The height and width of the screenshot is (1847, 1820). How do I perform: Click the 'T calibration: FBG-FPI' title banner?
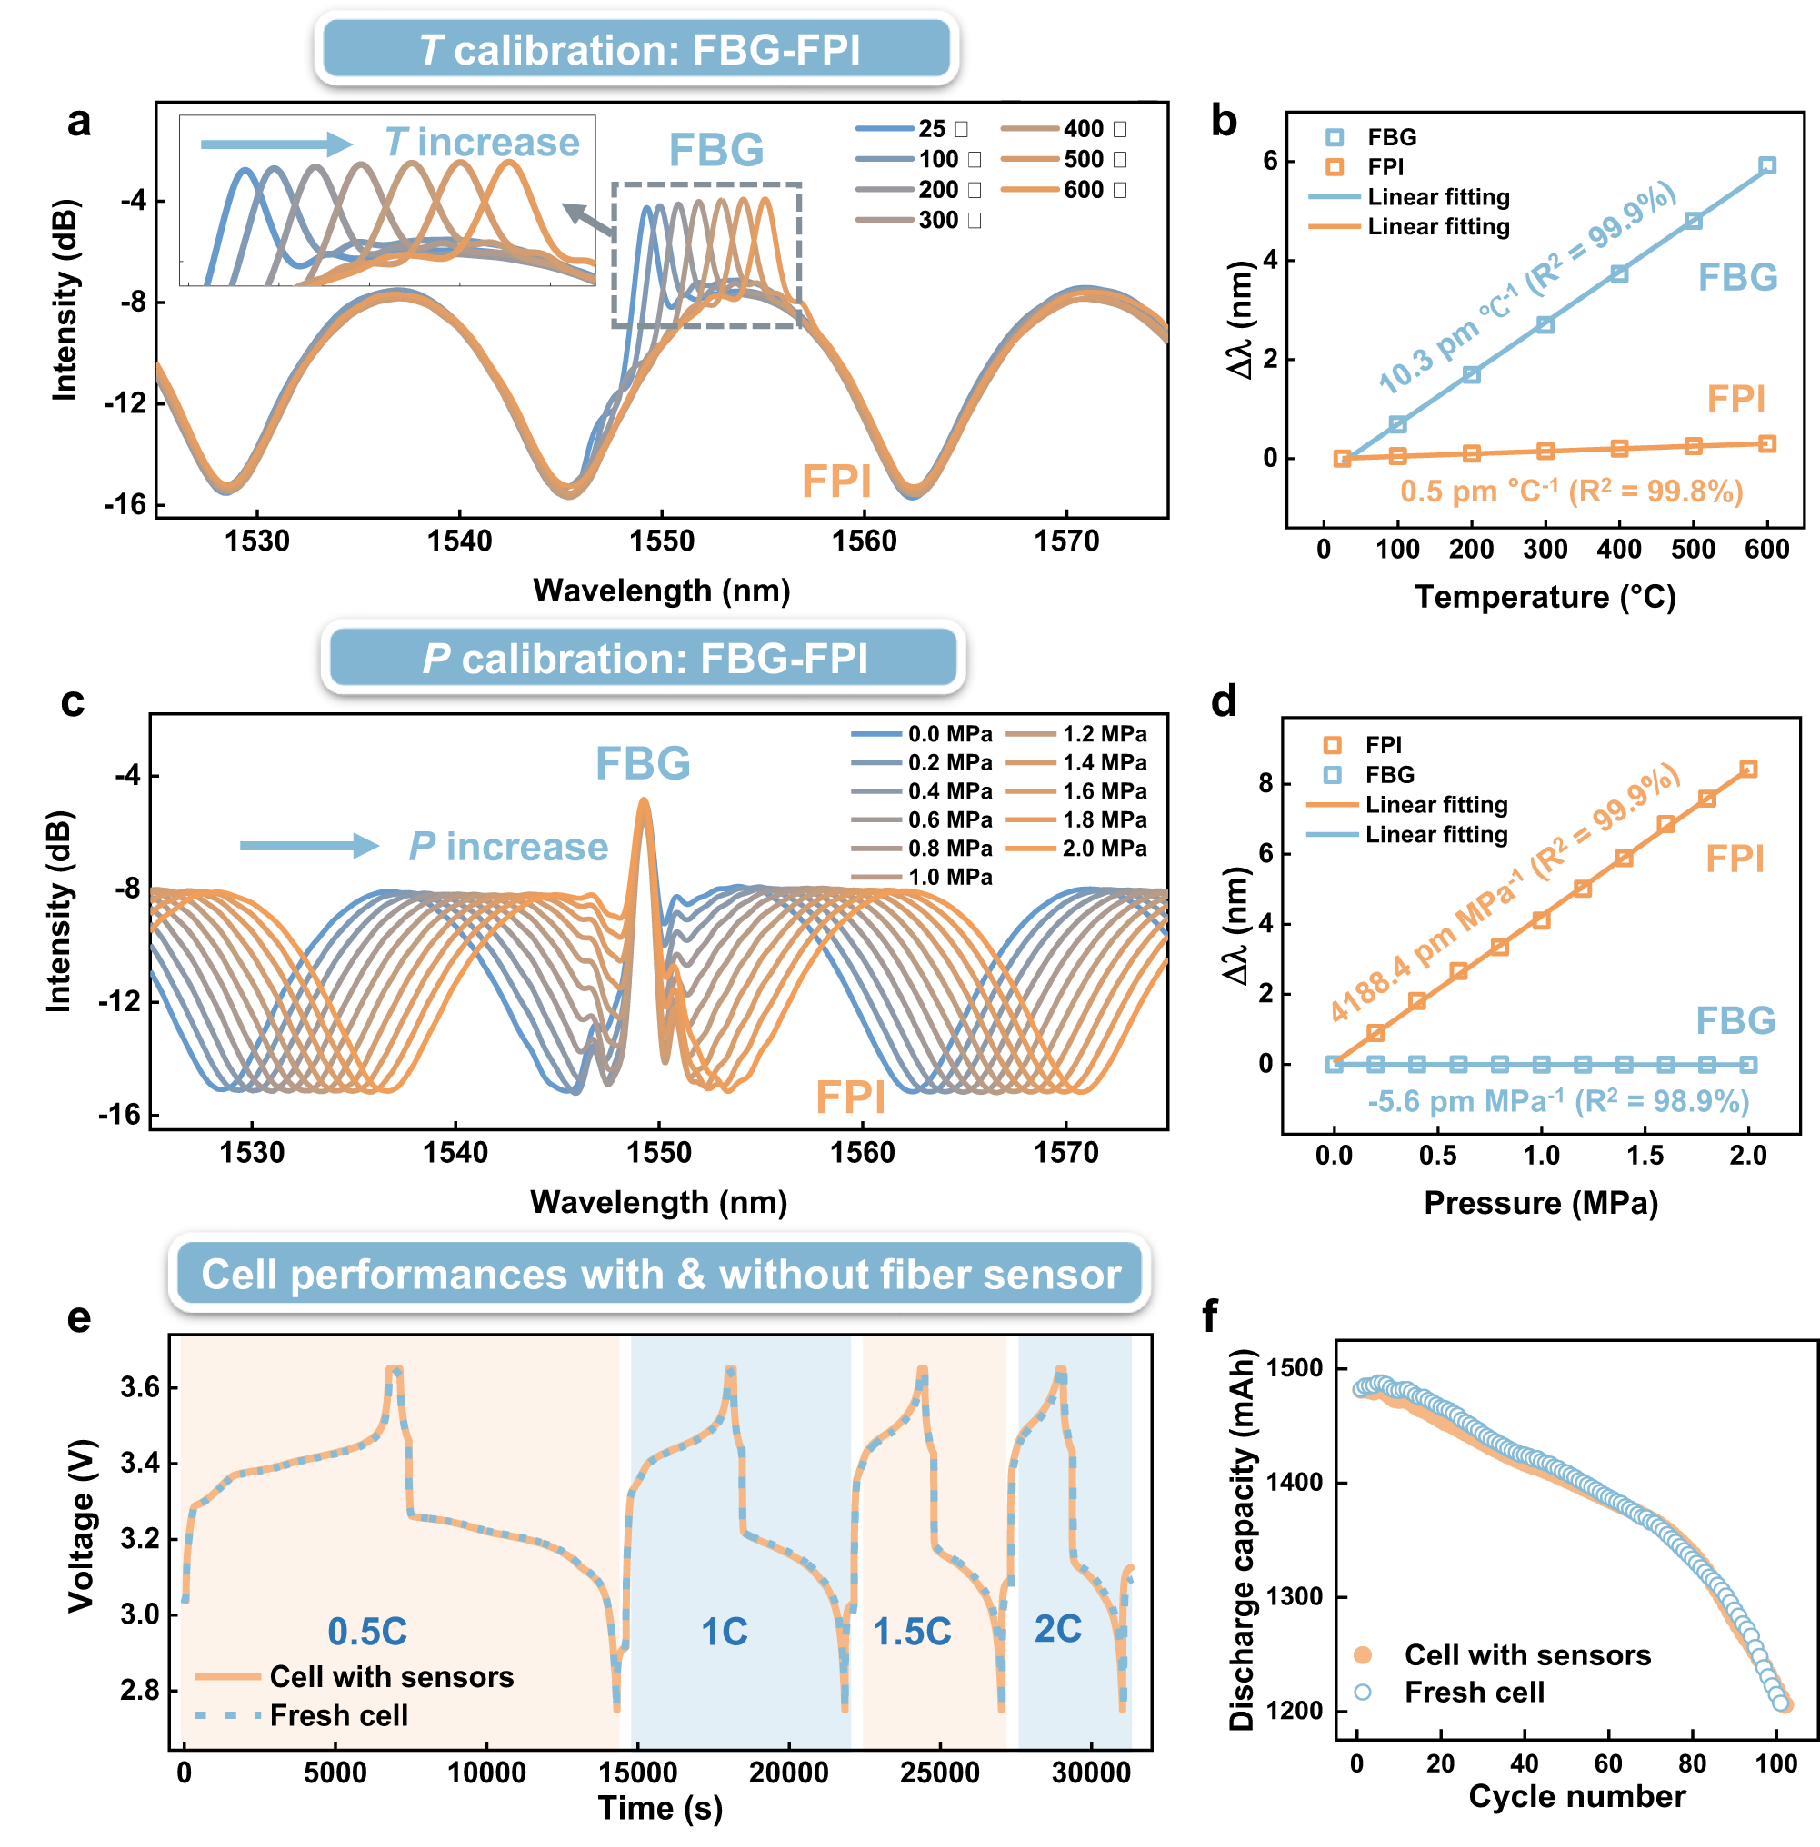pos(636,50)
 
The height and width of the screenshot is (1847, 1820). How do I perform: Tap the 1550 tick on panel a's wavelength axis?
pos(662,541)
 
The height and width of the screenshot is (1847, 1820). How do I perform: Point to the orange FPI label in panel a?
pos(835,482)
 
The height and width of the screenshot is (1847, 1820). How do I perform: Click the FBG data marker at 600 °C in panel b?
pos(1766,166)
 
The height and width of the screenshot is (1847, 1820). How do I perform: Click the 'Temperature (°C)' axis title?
pos(1545,597)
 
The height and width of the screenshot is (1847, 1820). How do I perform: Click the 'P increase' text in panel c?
pos(507,847)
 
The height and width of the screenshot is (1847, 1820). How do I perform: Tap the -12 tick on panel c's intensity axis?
pos(119,1000)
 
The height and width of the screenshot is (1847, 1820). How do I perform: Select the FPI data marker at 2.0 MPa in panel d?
pos(1747,770)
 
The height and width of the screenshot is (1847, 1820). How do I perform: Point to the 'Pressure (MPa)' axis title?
pos(1540,1202)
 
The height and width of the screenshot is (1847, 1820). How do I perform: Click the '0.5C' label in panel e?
pos(367,1631)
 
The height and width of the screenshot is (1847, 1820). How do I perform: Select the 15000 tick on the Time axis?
pos(637,1773)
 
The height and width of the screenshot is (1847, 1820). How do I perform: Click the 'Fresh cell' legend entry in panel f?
pos(1473,1693)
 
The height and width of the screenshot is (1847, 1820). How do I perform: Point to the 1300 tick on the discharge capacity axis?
pos(1295,1596)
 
